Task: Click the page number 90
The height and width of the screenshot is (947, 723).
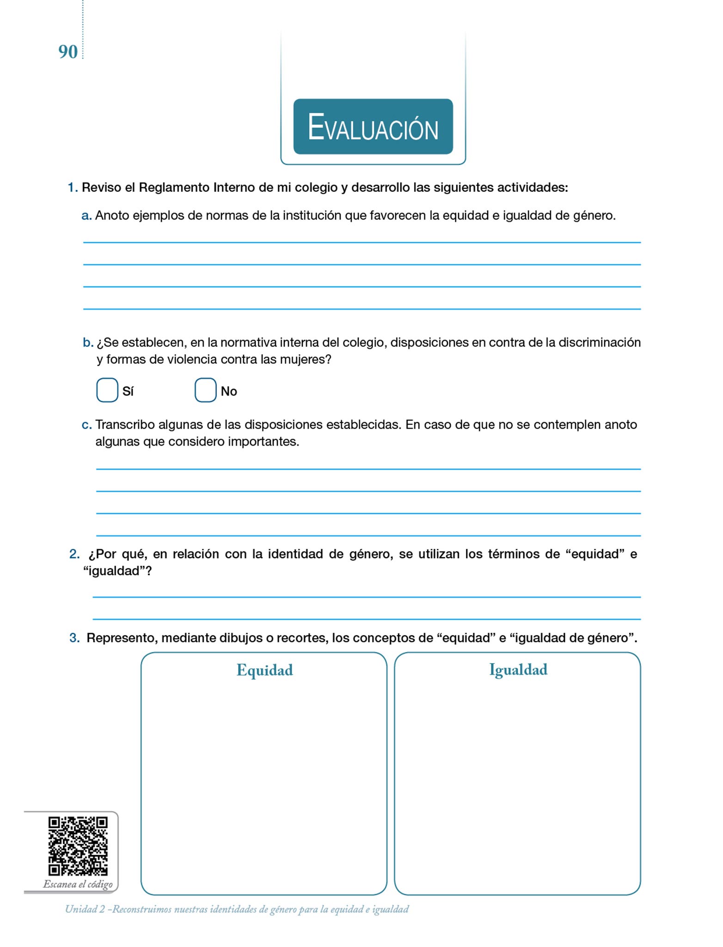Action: tap(68, 52)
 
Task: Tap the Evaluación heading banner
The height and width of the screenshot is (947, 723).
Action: tap(373, 127)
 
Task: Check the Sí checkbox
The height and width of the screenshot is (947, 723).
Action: tap(107, 390)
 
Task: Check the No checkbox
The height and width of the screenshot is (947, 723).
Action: tap(205, 390)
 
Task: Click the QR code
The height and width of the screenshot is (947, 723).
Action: tap(78, 846)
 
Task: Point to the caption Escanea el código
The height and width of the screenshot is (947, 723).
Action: tap(78, 884)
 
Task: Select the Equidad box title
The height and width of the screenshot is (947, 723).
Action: tap(264, 670)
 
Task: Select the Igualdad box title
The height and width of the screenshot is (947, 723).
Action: tap(518, 670)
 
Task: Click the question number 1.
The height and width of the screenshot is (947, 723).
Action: tap(72, 188)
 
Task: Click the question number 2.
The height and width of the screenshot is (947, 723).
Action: tap(74, 554)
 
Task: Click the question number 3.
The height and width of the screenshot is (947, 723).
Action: tap(74, 638)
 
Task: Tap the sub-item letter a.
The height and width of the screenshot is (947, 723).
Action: tap(86, 215)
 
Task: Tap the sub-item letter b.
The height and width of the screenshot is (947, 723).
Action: tap(88, 343)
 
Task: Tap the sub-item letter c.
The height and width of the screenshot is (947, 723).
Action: tap(86, 425)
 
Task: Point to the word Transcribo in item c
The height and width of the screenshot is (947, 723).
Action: tap(124, 425)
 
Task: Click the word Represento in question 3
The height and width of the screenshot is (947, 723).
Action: tap(122, 638)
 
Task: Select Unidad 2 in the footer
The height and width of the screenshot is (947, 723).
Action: tap(85, 909)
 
